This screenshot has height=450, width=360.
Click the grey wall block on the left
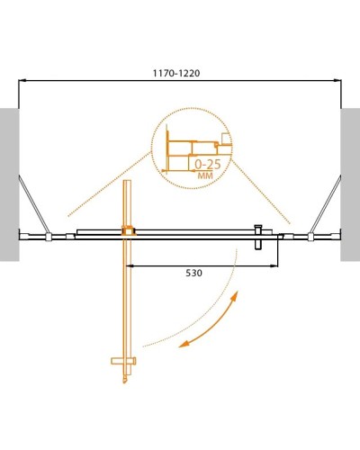point(9,184)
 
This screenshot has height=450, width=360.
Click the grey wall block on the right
point(350,184)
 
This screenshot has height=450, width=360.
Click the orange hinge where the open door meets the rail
point(128,231)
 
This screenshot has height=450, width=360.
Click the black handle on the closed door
point(258,236)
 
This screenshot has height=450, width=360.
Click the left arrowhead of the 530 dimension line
point(132,265)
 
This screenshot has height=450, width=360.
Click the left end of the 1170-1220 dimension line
point(20,82)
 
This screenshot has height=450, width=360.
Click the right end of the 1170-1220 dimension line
point(341,82)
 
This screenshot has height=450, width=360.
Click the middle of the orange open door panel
point(128,297)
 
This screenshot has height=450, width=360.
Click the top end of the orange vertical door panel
point(128,184)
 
